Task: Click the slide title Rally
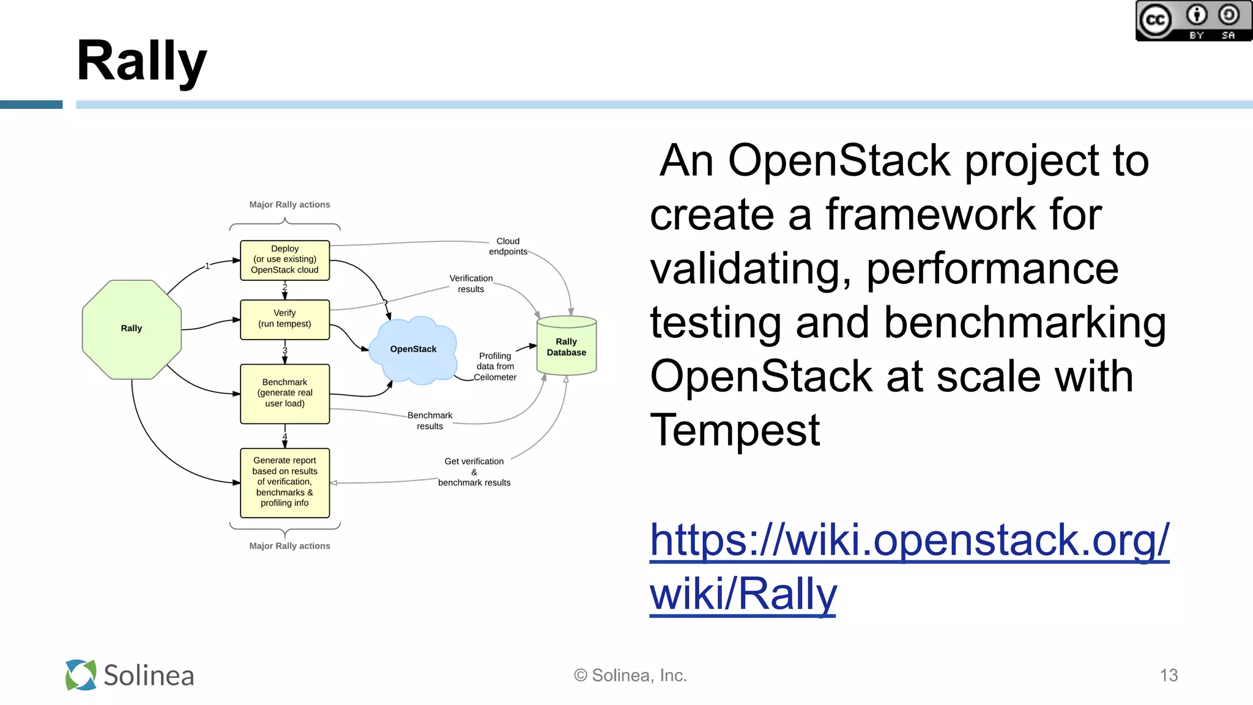(x=141, y=61)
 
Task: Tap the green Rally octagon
(x=132, y=329)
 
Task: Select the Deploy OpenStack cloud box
(x=284, y=260)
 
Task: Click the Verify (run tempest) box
(x=284, y=319)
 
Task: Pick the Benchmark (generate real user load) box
(x=284, y=393)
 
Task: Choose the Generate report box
(x=284, y=482)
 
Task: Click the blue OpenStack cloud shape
(x=413, y=349)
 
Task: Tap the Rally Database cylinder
(x=567, y=347)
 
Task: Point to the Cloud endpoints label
(x=508, y=247)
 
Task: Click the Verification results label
(x=470, y=284)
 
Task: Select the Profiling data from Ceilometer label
(x=495, y=367)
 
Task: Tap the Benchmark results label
(x=429, y=420)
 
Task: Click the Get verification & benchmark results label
(x=474, y=472)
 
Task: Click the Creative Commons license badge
(x=1193, y=21)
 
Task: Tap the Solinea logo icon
(x=81, y=675)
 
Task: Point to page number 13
(x=1169, y=676)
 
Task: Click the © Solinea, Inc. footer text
(x=630, y=676)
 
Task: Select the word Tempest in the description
(x=734, y=431)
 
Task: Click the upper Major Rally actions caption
(x=289, y=205)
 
